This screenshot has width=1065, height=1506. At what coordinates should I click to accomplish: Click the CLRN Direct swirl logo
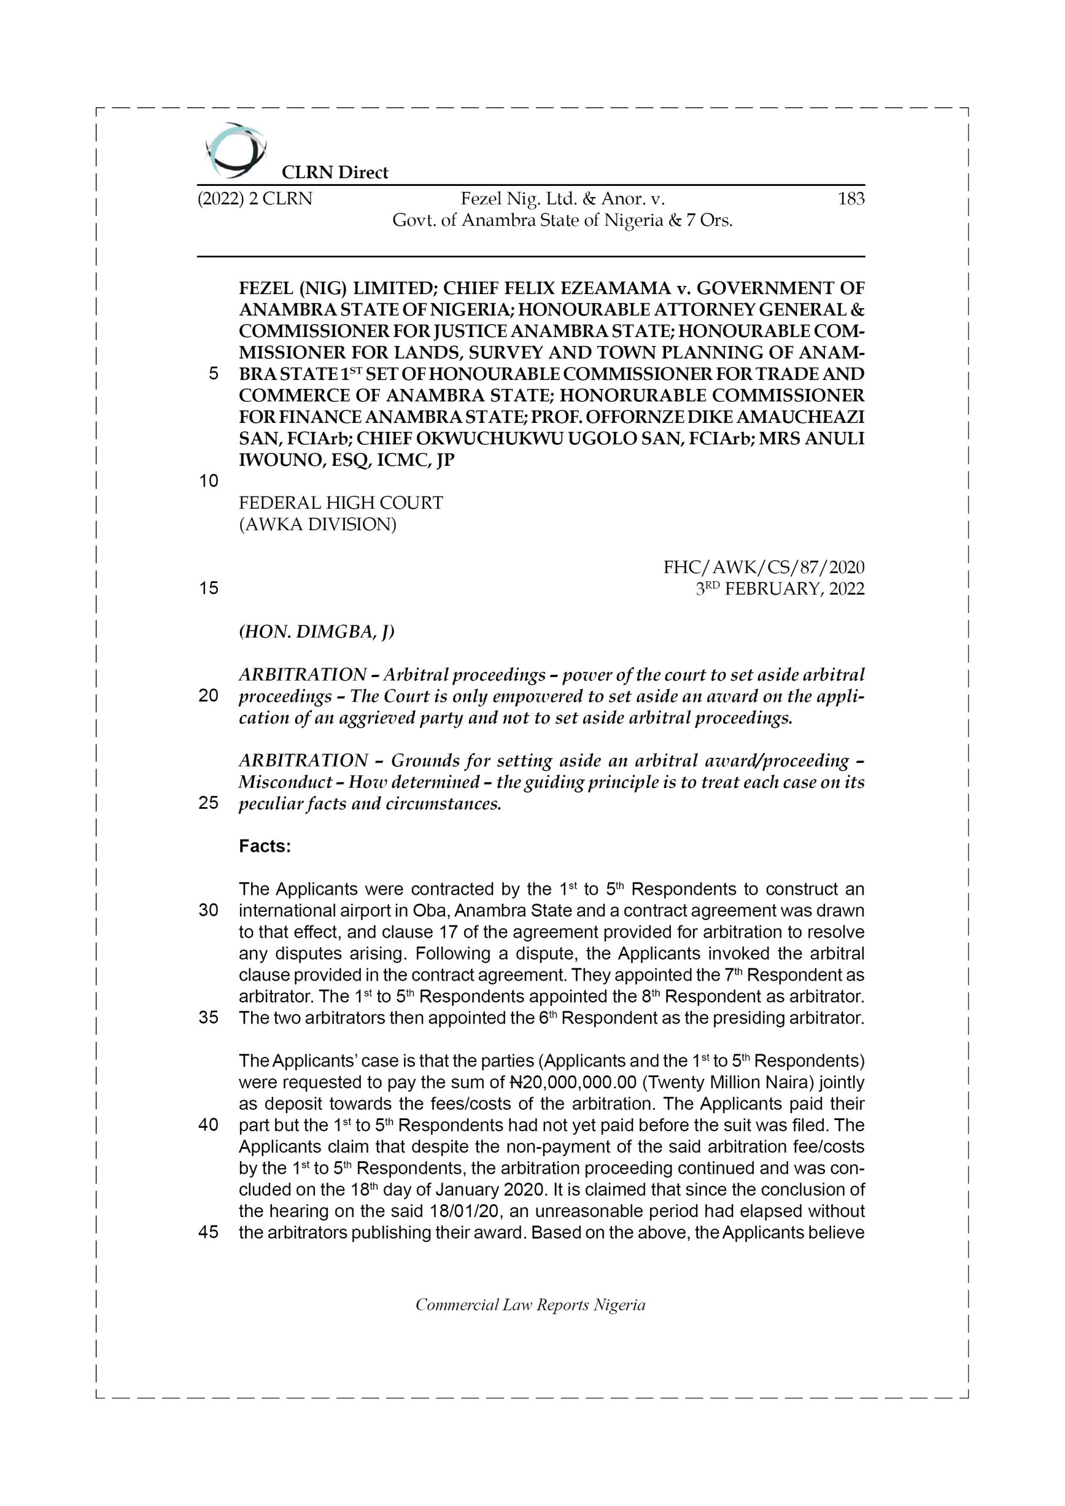coord(235,150)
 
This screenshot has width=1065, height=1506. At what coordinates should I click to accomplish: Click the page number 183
coord(850,199)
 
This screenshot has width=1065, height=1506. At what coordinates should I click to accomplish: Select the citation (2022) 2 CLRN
coord(255,199)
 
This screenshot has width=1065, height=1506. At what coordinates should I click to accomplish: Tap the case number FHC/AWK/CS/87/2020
coord(764,567)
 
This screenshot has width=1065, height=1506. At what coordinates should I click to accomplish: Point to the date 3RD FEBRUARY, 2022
coord(780,588)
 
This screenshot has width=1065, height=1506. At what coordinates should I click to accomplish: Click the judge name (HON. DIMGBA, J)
coord(317,632)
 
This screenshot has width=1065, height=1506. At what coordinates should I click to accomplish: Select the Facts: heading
coord(264,846)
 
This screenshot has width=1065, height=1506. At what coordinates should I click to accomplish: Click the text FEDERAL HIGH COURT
coord(341,502)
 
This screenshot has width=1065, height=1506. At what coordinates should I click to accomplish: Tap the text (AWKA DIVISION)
coord(318,524)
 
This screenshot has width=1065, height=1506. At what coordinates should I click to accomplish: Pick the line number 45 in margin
coord(208,1232)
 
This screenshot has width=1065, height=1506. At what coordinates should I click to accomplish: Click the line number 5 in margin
coord(213,374)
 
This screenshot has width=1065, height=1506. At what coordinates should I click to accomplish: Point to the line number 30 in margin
coord(208,911)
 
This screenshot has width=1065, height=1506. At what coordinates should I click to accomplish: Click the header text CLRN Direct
coord(335,172)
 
